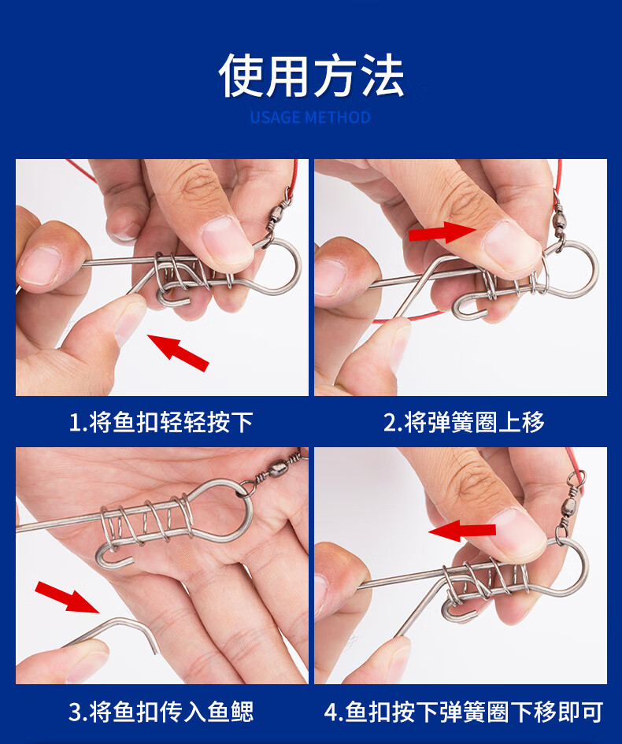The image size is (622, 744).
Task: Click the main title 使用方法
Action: (x=311, y=76)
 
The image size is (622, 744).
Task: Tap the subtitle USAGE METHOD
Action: (x=310, y=118)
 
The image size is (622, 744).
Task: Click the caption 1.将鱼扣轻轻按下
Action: (x=161, y=423)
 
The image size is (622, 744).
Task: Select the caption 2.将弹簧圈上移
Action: (x=464, y=423)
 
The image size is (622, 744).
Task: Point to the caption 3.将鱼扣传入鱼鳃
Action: (x=161, y=713)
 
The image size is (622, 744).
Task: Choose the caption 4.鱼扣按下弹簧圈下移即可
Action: (x=464, y=713)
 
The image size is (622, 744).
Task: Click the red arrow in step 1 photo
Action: (x=179, y=352)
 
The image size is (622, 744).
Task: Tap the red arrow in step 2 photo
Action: (x=439, y=232)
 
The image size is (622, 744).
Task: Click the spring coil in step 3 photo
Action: (x=150, y=521)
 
